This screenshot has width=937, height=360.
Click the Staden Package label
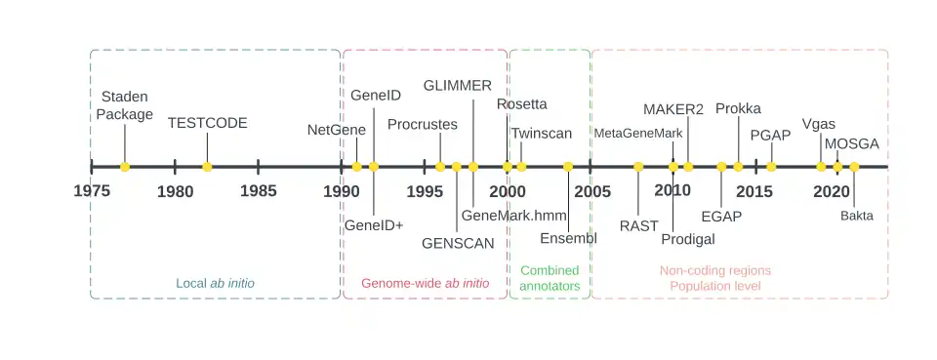click(x=125, y=105)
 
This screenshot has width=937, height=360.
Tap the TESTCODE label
click(x=207, y=123)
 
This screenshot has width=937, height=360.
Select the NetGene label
click(x=337, y=130)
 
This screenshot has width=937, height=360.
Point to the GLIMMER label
click(x=457, y=86)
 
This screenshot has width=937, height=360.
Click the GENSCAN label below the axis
click(x=458, y=243)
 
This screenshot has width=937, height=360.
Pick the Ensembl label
click(x=568, y=238)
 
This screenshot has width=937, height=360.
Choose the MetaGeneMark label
click(x=638, y=133)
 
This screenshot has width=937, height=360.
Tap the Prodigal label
click(x=688, y=239)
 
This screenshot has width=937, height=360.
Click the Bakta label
click(x=857, y=216)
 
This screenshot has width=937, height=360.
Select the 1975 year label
click(x=92, y=191)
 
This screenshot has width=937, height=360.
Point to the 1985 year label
click(x=258, y=191)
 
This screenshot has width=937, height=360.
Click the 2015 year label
click(x=754, y=191)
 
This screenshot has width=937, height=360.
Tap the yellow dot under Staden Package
click(x=125, y=167)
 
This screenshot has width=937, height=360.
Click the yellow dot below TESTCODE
click(x=207, y=167)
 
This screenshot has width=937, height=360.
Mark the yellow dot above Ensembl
click(x=568, y=167)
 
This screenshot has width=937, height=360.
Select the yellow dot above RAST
click(x=638, y=167)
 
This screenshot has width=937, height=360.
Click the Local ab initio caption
click(x=215, y=283)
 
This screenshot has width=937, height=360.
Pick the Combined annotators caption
click(x=550, y=278)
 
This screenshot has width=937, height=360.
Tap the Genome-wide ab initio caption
click(x=426, y=283)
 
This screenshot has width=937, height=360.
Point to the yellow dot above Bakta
click(x=854, y=167)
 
